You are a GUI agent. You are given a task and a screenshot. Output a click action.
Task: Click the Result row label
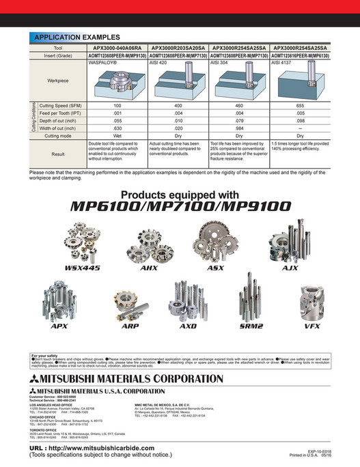coord(58,154)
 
